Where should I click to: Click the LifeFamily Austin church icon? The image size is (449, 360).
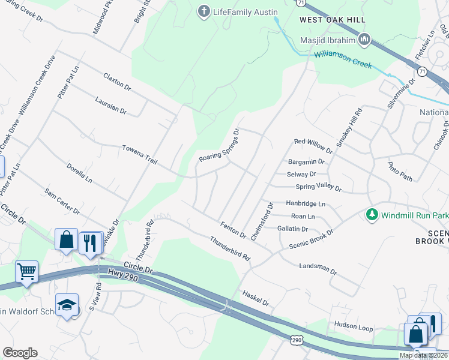(204, 11)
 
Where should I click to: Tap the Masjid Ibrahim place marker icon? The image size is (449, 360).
(364, 40)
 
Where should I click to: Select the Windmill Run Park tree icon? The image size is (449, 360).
(372, 214)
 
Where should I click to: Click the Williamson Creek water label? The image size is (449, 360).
(342, 60)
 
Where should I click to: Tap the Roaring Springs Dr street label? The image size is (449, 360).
(220, 146)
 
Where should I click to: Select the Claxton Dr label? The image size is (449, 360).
(116, 82)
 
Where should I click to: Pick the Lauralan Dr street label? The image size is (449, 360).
(110, 107)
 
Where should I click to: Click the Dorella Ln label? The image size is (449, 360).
(80, 173)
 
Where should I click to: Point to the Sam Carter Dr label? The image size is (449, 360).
(62, 201)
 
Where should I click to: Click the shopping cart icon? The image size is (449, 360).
(26, 272)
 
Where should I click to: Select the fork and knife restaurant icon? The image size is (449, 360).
(90, 243)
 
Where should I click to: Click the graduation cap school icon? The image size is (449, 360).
(67, 305)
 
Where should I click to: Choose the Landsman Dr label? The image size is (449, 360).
(318, 267)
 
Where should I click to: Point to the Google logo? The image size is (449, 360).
(20, 353)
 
